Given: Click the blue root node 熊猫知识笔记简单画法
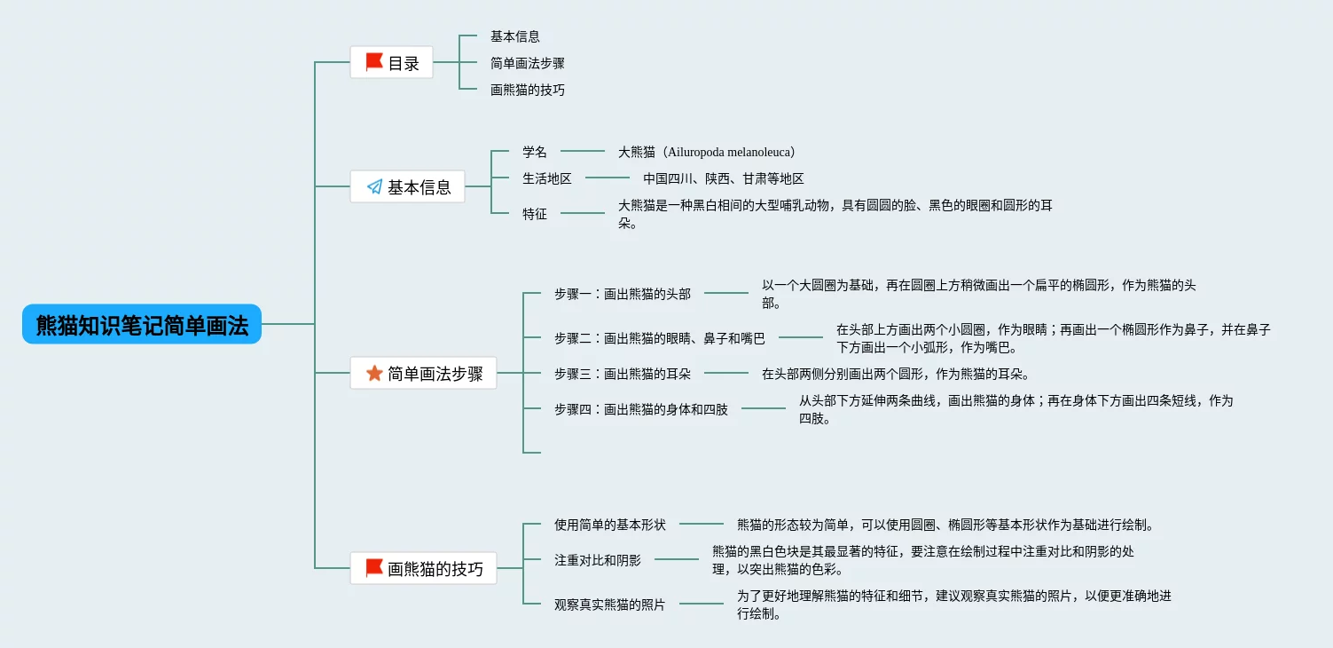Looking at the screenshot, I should coord(142,324).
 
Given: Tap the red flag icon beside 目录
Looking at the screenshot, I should coord(374,62).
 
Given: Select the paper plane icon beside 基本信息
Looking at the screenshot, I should coord(374,186).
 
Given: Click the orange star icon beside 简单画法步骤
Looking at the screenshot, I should coord(374,373).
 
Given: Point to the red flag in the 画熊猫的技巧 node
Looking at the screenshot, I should coord(374,567).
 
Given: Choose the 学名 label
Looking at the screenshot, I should coord(535,152).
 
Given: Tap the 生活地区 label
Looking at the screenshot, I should coord(547,178).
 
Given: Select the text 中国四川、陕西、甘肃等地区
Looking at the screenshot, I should coord(724,178).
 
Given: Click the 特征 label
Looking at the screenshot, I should coord(535,214).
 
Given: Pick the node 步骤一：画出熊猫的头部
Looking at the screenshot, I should coord(623,294).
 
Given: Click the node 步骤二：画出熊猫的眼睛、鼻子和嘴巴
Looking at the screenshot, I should coord(660,338).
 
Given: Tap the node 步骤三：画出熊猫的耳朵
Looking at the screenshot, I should coord(623,374).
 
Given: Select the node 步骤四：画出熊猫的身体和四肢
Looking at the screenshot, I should coord(641,409).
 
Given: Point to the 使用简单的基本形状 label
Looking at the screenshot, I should coord(610,525).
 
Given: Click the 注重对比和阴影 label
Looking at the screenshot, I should coord(598,560).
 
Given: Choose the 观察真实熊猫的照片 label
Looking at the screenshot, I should coord(610,605).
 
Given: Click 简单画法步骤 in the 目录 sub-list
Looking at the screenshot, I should coord(528,63).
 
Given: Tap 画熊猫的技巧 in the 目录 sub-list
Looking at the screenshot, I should coord(528,90).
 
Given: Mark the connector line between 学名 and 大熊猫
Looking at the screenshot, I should coord(583,152).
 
